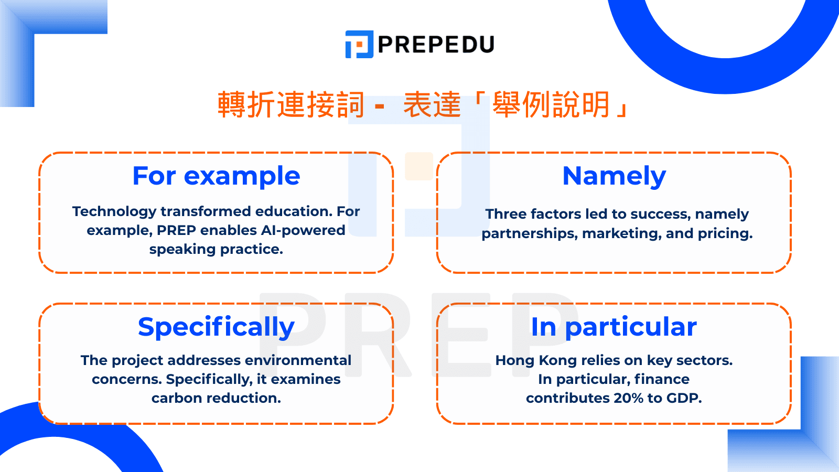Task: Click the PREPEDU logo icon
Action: (359, 44)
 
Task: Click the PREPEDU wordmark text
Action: (436, 45)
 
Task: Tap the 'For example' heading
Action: (216, 176)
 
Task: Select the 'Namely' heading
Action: (614, 176)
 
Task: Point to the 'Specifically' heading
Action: (216, 327)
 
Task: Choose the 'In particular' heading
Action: (614, 327)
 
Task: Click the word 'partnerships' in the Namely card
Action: (530, 234)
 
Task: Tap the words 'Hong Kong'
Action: (529, 361)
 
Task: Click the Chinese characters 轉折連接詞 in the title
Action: (291, 104)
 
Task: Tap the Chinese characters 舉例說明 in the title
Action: (551, 104)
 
